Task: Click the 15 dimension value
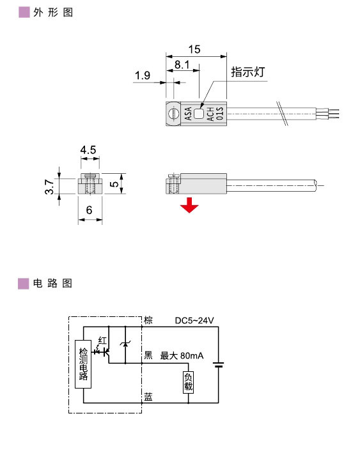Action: click(x=194, y=49)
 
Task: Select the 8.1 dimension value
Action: click(x=182, y=65)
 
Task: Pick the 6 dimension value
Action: click(x=90, y=210)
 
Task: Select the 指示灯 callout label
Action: click(x=247, y=72)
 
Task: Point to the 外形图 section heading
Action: click(x=52, y=12)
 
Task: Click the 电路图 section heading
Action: click(x=52, y=282)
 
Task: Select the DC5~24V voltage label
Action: click(x=194, y=321)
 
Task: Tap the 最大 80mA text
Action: click(x=182, y=356)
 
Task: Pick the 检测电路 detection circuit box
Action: click(x=83, y=364)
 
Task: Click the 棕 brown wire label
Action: click(x=148, y=320)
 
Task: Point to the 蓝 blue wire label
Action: click(x=148, y=397)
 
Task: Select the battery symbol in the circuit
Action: click(x=219, y=366)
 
